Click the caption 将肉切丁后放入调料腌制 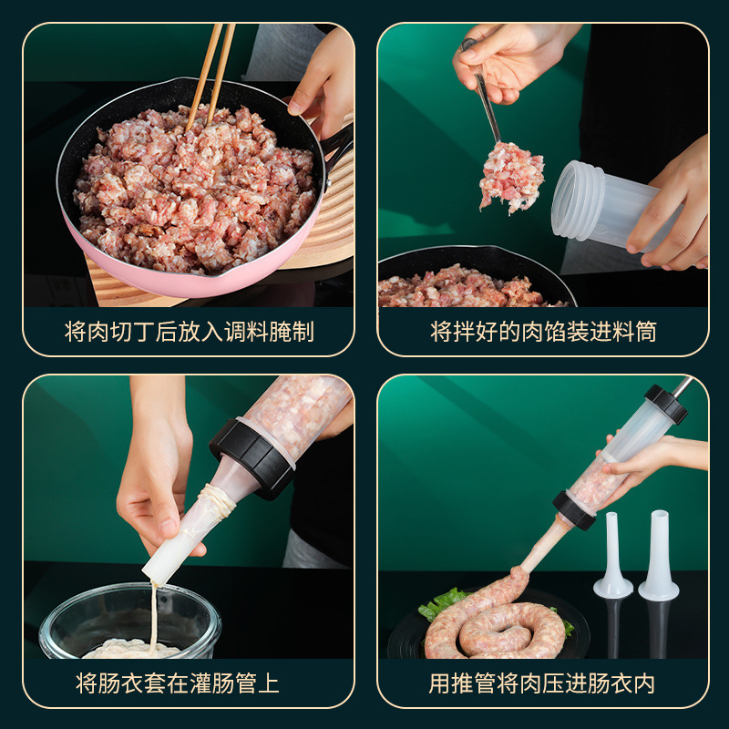[189, 331]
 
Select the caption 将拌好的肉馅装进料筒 [543, 331]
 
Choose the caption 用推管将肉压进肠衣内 [543, 683]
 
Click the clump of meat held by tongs [511, 175]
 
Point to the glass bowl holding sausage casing [128, 620]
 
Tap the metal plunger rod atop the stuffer [682, 385]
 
